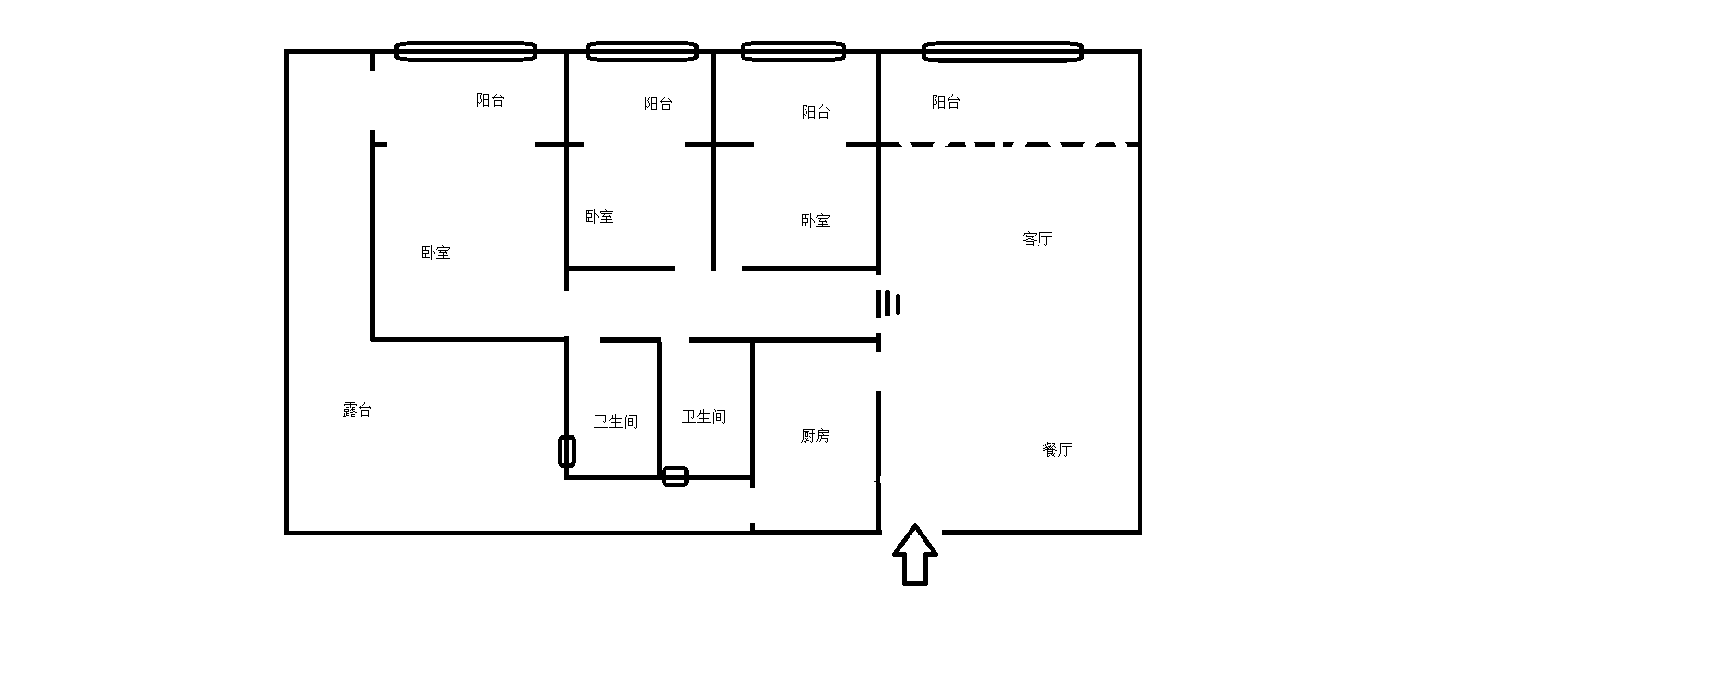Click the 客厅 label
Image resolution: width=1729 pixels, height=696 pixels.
pyautogui.click(x=1037, y=239)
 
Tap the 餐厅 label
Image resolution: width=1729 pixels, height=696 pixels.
pyautogui.click(x=1057, y=450)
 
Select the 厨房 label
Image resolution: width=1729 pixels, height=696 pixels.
pyautogui.click(x=815, y=436)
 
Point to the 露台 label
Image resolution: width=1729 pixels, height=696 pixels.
pyautogui.click(x=357, y=410)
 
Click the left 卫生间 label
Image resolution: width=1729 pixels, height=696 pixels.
pyautogui.click(x=615, y=422)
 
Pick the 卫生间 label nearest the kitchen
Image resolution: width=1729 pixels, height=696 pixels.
pyautogui.click(x=703, y=418)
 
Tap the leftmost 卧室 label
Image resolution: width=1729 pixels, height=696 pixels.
pyautogui.click(x=435, y=252)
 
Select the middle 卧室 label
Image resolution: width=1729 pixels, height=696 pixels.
pyautogui.click(x=599, y=217)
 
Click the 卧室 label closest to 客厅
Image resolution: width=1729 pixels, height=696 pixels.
pyautogui.click(x=815, y=222)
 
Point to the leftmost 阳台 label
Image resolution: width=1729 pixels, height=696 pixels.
pyautogui.click(x=490, y=100)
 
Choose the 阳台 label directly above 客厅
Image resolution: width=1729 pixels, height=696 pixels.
pyautogui.click(x=946, y=102)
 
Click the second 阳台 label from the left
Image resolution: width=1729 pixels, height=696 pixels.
pyautogui.click(x=658, y=104)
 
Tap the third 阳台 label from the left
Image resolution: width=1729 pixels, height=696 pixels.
pyautogui.click(x=816, y=112)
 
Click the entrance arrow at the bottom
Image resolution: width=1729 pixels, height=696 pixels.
pyautogui.click(x=915, y=555)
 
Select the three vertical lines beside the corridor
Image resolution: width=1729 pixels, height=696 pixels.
pyautogui.click(x=888, y=303)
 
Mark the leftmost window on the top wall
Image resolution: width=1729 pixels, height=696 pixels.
pyautogui.click(x=466, y=51)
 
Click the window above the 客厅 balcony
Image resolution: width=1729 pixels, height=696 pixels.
pyautogui.click(x=1002, y=51)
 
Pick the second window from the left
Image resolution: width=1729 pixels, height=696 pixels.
pyautogui.click(x=641, y=51)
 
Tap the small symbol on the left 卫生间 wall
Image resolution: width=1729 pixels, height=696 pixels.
pyautogui.click(x=567, y=451)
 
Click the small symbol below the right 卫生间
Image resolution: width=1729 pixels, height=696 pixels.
pyautogui.click(x=675, y=477)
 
